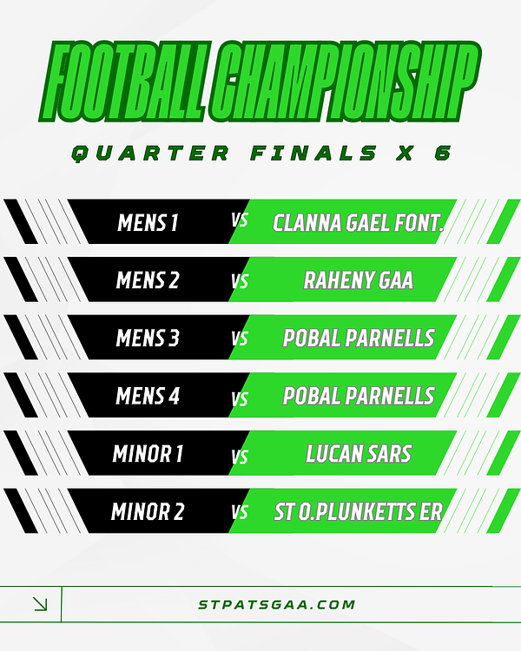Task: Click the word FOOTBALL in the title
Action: click(123, 82)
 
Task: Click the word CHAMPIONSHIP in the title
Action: click(345, 82)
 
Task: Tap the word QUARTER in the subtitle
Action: click(150, 153)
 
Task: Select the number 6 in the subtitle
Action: click(443, 153)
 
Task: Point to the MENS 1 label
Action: click(148, 222)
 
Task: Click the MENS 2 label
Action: click(148, 280)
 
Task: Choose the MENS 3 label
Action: click(148, 338)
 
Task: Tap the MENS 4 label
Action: click(148, 396)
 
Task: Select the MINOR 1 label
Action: click(148, 453)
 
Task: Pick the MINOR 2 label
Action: click(148, 511)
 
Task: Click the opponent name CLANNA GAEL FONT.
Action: click(358, 223)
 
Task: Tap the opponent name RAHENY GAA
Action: click(358, 280)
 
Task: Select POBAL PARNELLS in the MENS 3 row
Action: click(359, 338)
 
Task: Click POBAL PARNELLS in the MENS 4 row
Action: click(359, 396)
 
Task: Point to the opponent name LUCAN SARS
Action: click(359, 453)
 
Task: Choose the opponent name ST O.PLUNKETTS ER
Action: click(358, 511)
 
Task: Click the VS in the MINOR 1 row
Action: click(240, 457)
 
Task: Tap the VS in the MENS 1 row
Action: click(240, 220)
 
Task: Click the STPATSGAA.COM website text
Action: click(277, 604)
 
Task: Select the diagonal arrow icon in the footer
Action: click(40, 604)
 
